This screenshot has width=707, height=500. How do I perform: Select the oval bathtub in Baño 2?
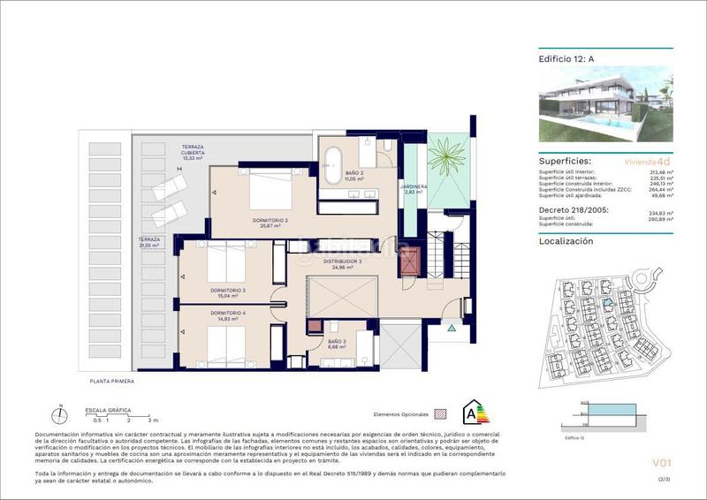pos(333,165)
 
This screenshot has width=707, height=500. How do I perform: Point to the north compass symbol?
pos(59,414)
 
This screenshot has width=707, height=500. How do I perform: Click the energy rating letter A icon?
pos(475,412)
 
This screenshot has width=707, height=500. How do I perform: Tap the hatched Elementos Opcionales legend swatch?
pos(442,413)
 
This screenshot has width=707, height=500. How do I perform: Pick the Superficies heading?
pos(566,162)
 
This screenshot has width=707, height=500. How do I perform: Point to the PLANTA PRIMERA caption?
pos(114,382)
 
